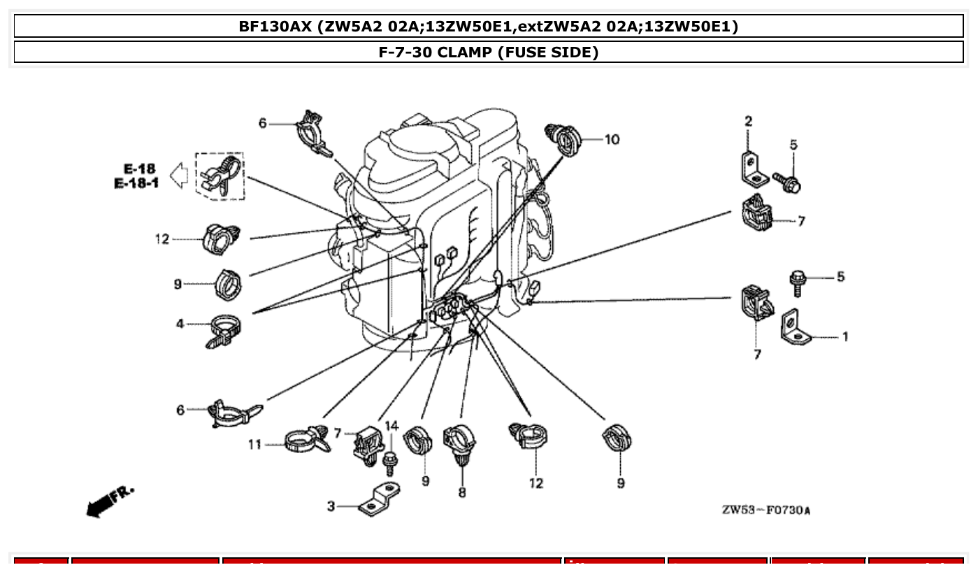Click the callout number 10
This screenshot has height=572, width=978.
coord(612,140)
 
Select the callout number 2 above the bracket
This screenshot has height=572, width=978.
coord(748,121)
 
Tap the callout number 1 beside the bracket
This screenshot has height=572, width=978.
coord(844,337)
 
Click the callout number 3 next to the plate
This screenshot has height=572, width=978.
coord(331,506)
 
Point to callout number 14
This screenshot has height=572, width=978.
coord(391,426)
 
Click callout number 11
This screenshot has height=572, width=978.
coord(254,444)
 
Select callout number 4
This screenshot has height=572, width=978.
coord(180,324)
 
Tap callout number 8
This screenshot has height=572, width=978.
coord(462,493)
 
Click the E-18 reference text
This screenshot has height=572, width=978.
coord(140,169)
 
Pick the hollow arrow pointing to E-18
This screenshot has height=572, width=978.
coord(180,176)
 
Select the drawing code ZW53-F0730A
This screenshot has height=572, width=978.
coord(766,510)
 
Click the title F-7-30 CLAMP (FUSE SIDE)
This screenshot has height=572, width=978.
coord(489,52)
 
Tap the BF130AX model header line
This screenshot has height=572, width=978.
coord(489,27)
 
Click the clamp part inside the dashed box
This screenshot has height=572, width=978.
coord(220,175)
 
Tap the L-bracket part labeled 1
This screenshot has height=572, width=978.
coord(796,329)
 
